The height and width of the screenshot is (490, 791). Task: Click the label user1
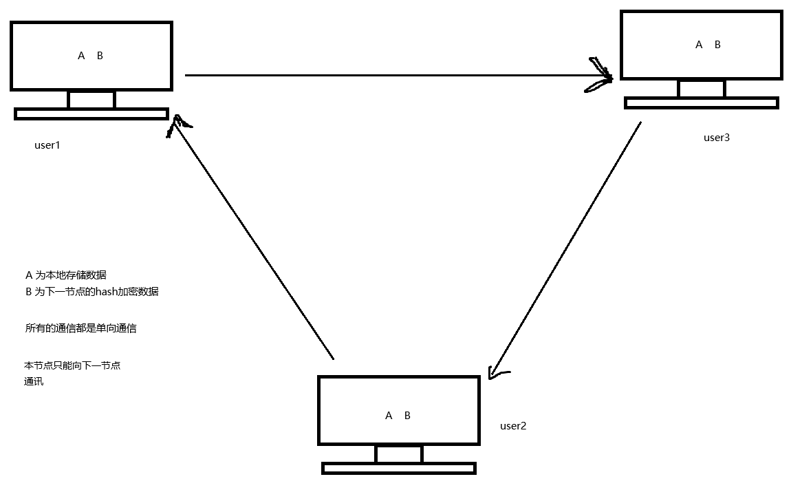(x=47, y=145)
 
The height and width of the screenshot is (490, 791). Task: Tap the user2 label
(x=512, y=426)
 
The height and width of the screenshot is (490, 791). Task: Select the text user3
(x=716, y=138)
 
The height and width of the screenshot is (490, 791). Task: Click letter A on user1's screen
(x=81, y=56)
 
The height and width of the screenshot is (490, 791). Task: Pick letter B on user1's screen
(x=100, y=56)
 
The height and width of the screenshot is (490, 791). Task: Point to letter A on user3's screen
(x=699, y=45)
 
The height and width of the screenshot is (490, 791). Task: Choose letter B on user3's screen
(x=717, y=45)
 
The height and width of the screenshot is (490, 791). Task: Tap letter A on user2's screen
(x=389, y=416)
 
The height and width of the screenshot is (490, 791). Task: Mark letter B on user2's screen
(x=407, y=416)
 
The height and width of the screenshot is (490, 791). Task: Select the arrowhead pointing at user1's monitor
(x=176, y=124)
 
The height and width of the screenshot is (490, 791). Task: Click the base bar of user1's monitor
(x=91, y=114)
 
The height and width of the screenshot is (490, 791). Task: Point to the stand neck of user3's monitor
(x=701, y=89)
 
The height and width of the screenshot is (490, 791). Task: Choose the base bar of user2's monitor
(x=399, y=469)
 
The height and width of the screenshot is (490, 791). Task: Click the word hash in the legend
(x=109, y=291)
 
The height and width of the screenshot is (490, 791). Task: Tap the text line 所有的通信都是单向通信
(x=80, y=328)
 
